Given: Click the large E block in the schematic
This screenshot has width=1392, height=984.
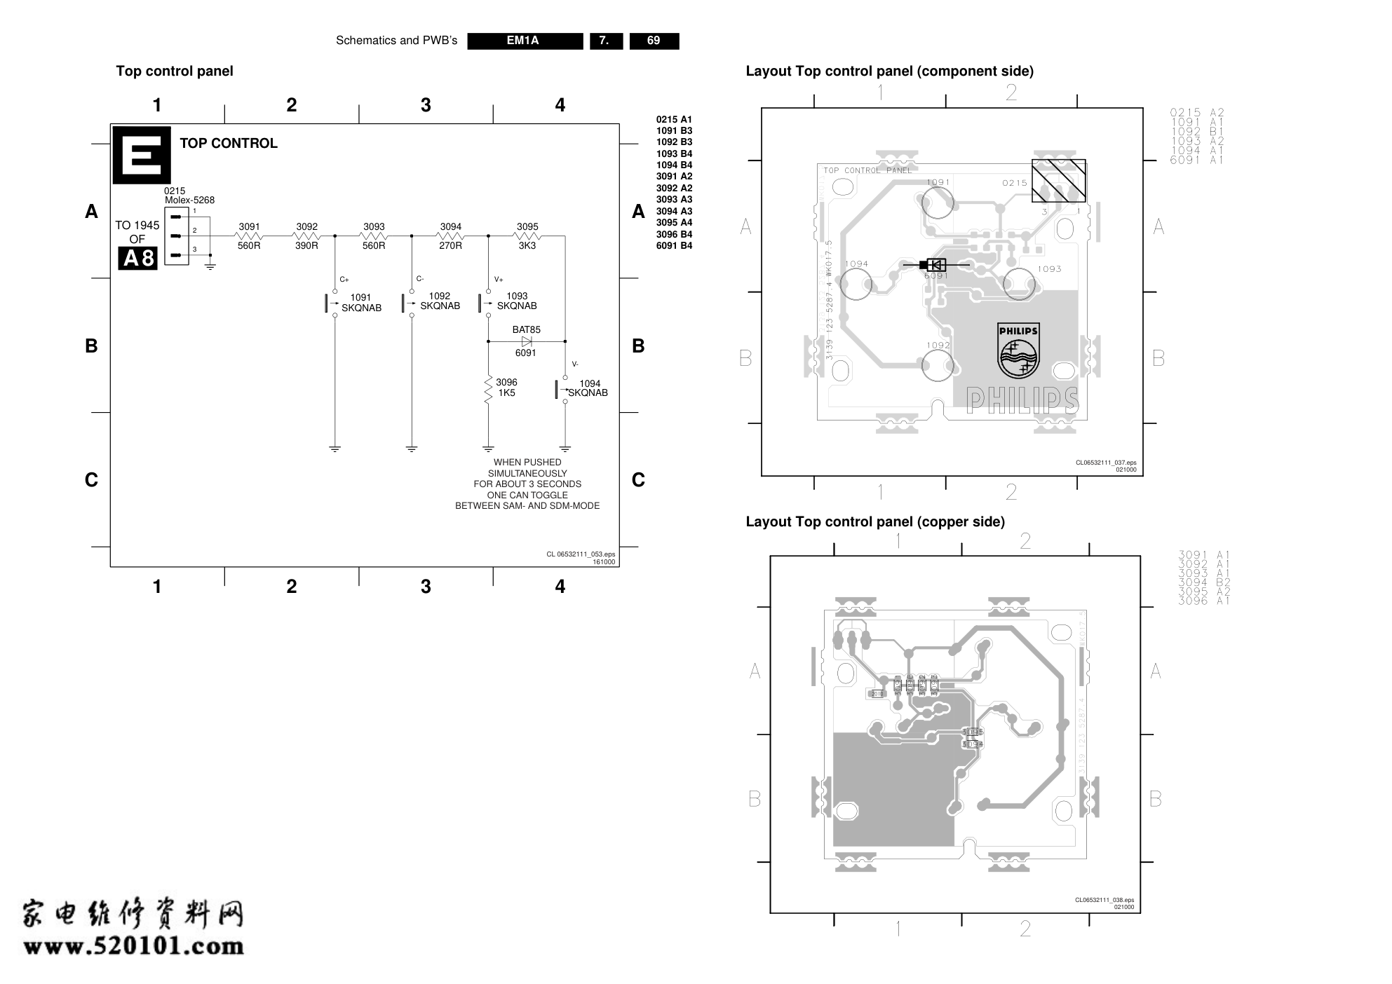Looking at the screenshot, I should (x=142, y=155).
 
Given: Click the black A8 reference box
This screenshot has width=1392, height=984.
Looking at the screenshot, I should (x=137, y=259).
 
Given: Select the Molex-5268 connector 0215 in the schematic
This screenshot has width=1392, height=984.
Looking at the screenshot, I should (x=176, y=236).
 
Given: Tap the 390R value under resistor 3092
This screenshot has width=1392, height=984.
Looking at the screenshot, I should (x=306, y=246).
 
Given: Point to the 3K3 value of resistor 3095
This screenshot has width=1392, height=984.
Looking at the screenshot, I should (x=527, y=246).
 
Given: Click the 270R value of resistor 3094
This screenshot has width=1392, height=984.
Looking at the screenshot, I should (x=450, y=246).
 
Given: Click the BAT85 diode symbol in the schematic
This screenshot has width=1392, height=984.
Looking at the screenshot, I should (x=527, y=341).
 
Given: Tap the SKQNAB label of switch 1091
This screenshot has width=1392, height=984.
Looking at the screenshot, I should (x=361, y=308).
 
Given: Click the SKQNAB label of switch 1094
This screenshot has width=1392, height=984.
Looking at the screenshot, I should (x=588, y=393).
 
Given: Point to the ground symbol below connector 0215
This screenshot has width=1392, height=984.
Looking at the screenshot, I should (x=210, y=265).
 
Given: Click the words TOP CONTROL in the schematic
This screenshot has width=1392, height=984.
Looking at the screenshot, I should (x=229, y=143).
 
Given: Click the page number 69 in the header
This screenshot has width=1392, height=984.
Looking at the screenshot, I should (x=654, y=41).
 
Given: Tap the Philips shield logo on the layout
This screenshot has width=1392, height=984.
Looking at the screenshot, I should (x=1018, y=350).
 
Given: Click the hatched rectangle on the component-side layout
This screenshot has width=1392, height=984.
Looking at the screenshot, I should (x=1058, y=180).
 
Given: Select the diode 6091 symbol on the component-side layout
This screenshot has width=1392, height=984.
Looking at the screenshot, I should (x=935, y=265).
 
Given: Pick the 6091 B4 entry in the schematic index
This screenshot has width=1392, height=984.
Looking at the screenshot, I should (x=674, y=246).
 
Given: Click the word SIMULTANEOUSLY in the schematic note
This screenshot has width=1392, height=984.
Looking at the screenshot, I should (x=527, y=473).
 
